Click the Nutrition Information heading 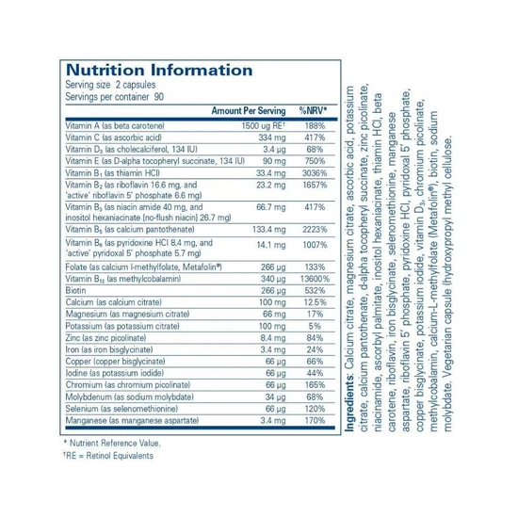pyautogui.click(x=158, y=70)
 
